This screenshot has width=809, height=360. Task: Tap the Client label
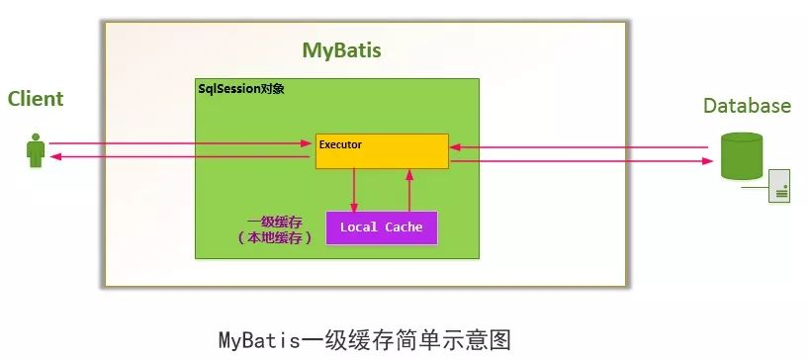36,99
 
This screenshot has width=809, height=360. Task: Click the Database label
747,106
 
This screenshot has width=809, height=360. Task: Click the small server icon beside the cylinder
780,185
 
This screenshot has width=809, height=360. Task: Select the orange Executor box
382,151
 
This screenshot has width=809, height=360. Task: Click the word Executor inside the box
340,144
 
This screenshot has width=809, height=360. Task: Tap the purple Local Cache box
381,227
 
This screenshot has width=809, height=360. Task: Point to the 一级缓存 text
274,221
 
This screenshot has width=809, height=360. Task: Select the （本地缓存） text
274,238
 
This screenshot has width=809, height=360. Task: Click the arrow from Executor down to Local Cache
354,190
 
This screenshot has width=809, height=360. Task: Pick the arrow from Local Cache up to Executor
408,190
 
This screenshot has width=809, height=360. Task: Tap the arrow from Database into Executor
579,147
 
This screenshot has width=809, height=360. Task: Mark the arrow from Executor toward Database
579,161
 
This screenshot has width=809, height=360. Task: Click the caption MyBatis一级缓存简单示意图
364,340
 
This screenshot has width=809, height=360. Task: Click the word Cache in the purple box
404,227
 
